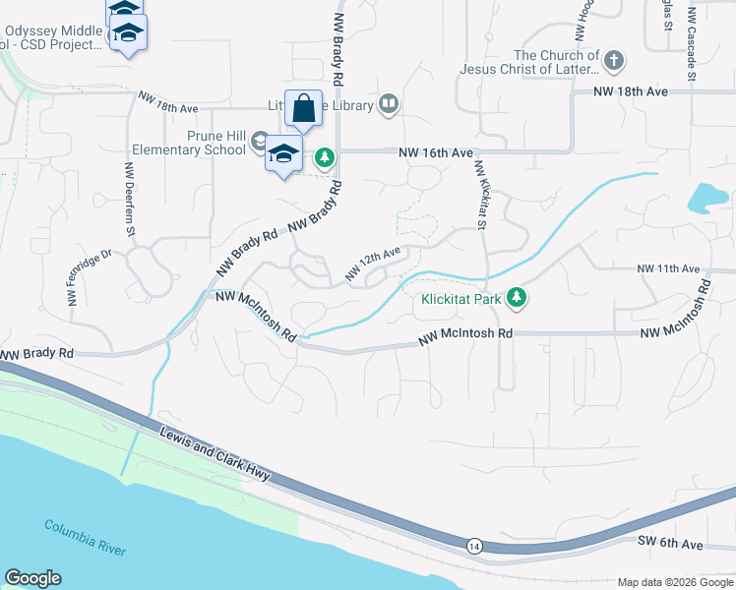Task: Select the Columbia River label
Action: (85, 537)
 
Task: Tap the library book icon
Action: (389, 105)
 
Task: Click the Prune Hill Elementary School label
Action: (188, 144)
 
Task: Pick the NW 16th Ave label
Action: (436, 153)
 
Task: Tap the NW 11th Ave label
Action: (667, 268)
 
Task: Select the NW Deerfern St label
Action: (128, 199)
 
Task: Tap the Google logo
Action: (32, 578)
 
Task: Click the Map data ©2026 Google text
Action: (674, 582)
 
